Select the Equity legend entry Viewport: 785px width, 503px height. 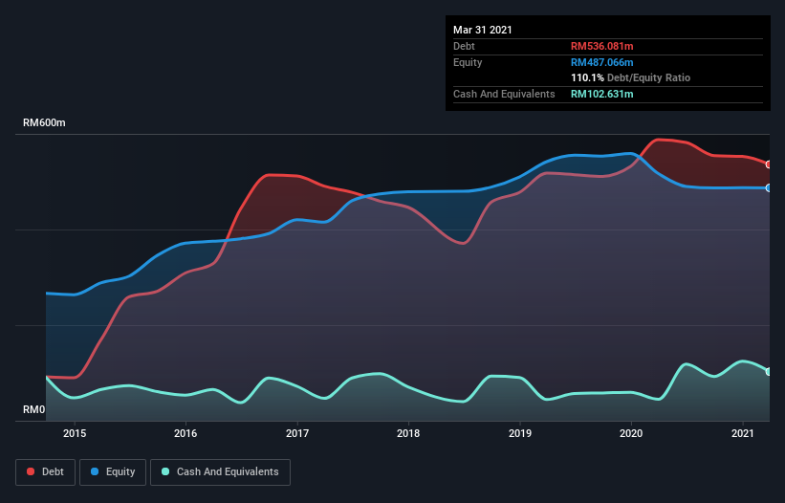click(113, 471)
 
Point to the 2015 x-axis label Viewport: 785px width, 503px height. click(75, 433)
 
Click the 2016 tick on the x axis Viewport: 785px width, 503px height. click(185, 433)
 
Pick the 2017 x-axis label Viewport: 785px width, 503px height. click(297, 433)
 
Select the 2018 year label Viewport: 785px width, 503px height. click(408, 433)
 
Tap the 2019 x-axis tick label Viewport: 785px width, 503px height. click(520, 433)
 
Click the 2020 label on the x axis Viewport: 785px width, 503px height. click(631, 433)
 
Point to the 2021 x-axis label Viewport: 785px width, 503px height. click(743, 433)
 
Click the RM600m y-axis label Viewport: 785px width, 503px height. click(45, 123)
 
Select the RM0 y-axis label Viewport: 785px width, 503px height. click(34, 410)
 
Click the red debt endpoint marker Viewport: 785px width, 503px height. click(769, 164)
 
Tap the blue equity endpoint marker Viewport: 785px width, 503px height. click(769, 187)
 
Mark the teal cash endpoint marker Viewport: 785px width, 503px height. click(769, 371)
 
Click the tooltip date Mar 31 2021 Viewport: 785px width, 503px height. click(483, 30)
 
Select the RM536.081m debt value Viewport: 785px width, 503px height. click(602, 46)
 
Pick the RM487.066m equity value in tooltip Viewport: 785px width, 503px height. click(602, 62)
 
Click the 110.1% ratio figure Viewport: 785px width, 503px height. click(587, 77)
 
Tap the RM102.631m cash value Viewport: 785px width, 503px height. click(602, 94)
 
